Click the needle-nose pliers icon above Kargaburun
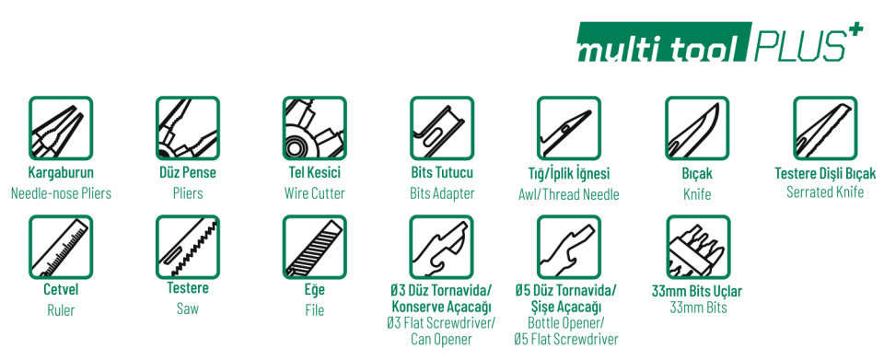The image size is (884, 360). pyautogui.click(x=61, y=128)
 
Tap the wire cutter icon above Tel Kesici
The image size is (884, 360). pyautogui.click(x=315, y=128)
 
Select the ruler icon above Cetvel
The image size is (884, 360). pyautogui.click(x=61, y=247)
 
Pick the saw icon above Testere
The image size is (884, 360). pyautogui.click(x=188, y=247)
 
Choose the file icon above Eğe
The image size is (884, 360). pyautogui.click(x=315, y=247)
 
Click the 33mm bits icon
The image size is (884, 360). pyautogui.click(x=698, y=247)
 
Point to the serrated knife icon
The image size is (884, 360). pyautogui.click(x=825, y=128)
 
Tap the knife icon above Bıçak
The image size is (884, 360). pyautogui.click(x=697, y=128)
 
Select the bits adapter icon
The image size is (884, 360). pyautogui.click(x=442, y=128)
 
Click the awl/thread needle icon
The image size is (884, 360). pyautogui.click(x=569, y=128)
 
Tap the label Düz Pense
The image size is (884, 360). pyautogui.click(x=188, y=173)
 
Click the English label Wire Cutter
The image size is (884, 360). pyautogui.click(x=315, y=193)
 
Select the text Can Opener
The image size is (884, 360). pyautogui.click(x=441, y=339)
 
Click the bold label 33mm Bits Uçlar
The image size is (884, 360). pyautogui.click(x=697, y=291)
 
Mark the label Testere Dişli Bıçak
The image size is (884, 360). pyautogui.click(x=825, y=173)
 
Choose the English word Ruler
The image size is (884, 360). pyautogui.click(x=61, y=310)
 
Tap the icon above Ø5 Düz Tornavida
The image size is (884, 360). pyautogui.click(x=569, y=247)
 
